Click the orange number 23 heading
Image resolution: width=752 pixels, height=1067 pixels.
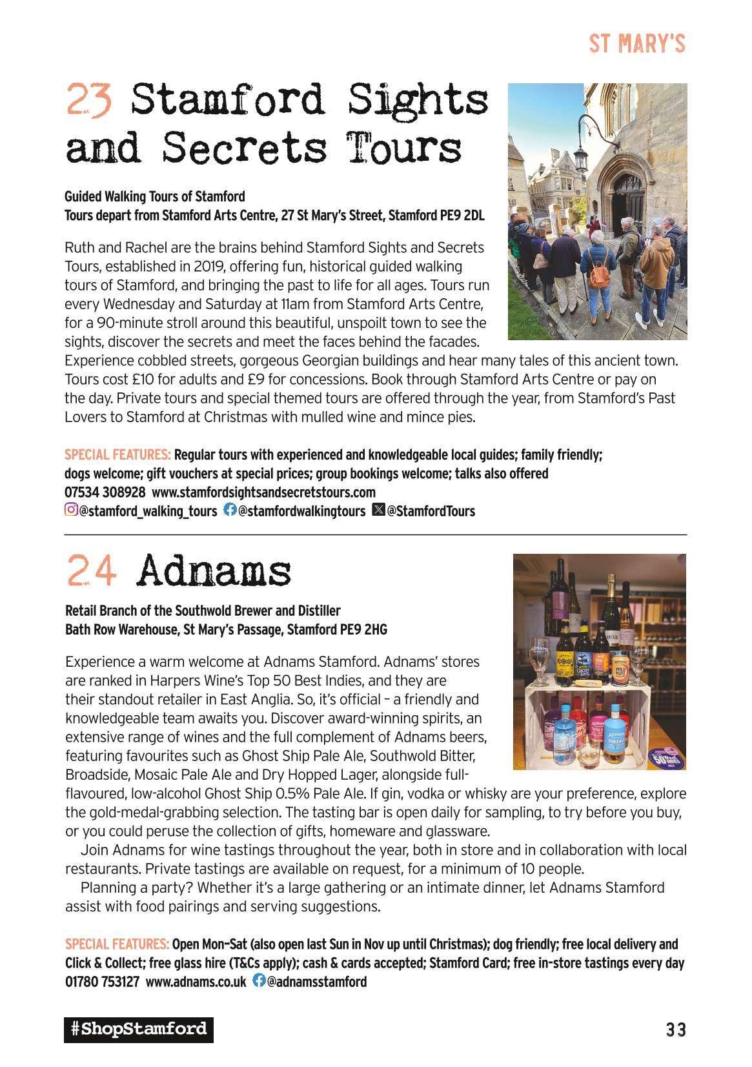point(90,100)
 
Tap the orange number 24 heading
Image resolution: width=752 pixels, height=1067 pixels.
point(91,571)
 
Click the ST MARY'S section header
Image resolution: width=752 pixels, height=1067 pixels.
point(636,44)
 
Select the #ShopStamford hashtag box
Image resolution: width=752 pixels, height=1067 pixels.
point(138,1028)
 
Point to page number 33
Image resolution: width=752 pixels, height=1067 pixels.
point(676,1029)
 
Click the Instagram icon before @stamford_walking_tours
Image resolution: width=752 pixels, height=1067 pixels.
point(71,511)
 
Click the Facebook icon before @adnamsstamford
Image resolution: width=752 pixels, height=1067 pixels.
point(258,981)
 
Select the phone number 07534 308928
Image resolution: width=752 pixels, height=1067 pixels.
point(105,492)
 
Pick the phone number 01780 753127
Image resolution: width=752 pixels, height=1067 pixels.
point(102,982)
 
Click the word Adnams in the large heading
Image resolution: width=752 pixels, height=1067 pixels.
point(214,571)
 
